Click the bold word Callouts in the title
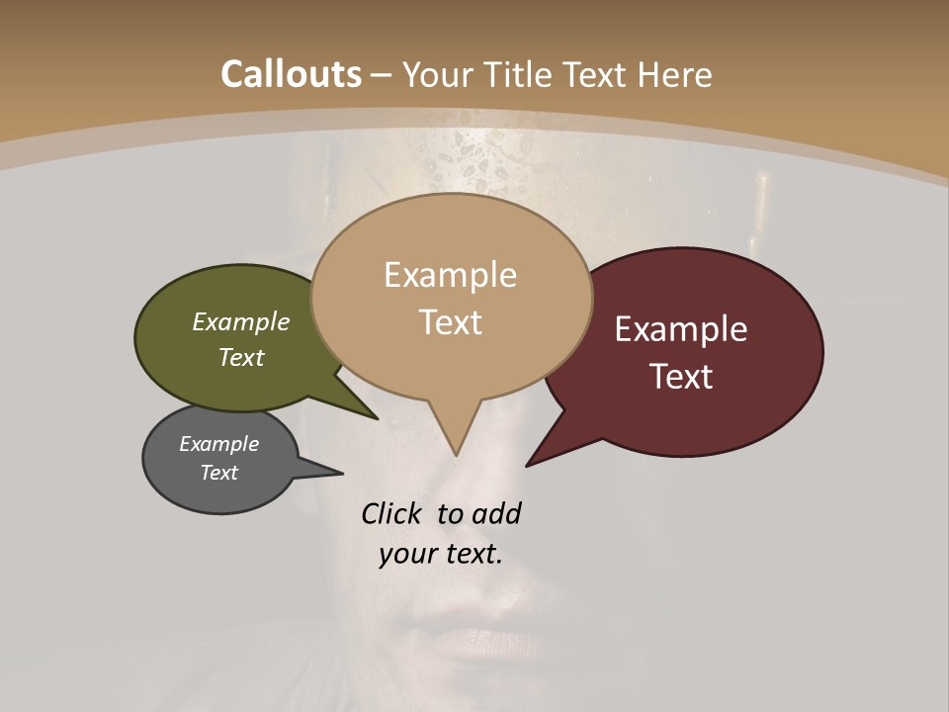291,74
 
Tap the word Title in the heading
523,74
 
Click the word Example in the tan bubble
450,275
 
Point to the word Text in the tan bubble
450,322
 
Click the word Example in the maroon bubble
681,329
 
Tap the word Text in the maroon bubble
681,377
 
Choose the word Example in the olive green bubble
241,321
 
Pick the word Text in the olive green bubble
241,357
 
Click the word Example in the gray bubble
218,444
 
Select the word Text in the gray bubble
218,473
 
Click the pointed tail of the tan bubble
455,453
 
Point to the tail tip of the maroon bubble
528,464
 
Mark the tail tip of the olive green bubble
376,417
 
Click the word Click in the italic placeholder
390,513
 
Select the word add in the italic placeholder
496,513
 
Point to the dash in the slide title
382,74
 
